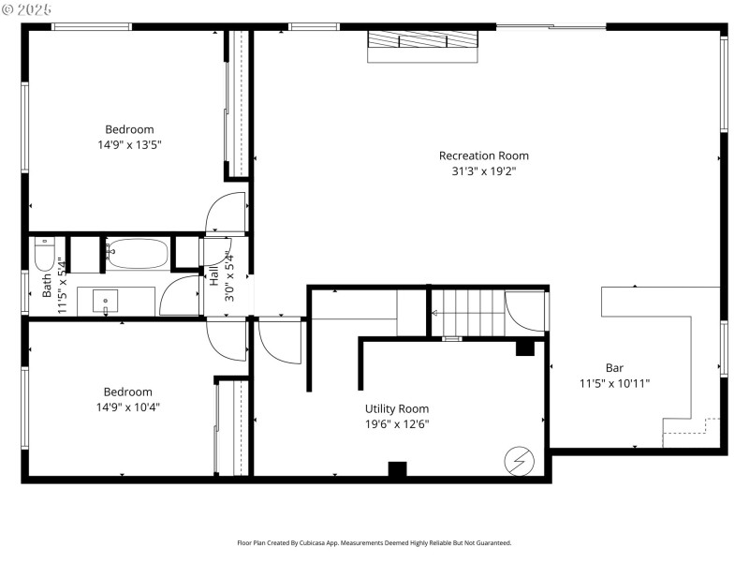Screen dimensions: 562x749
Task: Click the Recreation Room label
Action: pos(483,155)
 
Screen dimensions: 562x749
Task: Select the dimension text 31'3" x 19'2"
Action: pos(483,171)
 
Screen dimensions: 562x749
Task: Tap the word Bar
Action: pos(614,368)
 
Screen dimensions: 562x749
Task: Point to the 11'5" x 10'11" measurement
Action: pos(614,383)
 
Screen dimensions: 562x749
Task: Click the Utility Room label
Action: pos(397,408)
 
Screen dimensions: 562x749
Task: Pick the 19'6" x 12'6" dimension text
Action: pos(397,423)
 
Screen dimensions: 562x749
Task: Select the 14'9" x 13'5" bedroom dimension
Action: pos(129,145)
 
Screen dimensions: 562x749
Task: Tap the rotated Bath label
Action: pos(47,285)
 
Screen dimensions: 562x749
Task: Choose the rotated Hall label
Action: pos(213,275)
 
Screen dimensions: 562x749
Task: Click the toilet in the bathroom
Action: pos(44,254)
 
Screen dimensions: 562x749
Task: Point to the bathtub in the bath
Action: pos(137,253)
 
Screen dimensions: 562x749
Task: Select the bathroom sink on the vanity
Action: pos(106,302)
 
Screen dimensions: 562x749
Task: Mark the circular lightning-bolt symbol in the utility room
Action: pos(517,460)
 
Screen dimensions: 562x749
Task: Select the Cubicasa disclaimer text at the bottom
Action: pos(374,542)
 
